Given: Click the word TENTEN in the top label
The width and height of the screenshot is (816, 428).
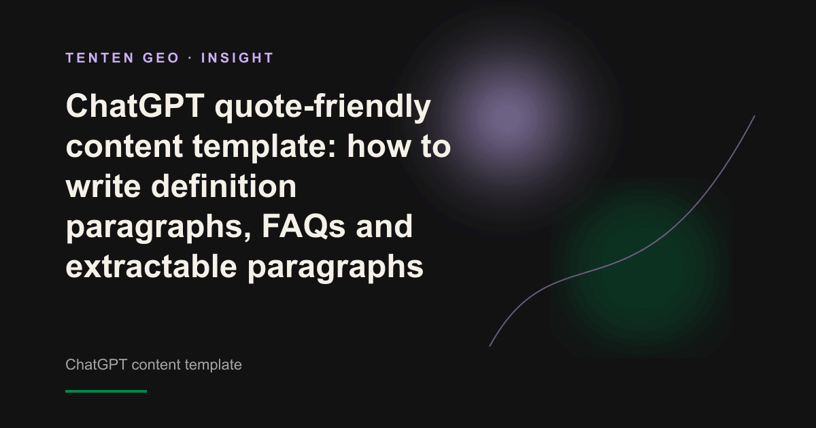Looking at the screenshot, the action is [100, 58].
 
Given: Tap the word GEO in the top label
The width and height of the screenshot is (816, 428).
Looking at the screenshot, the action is [161, 58].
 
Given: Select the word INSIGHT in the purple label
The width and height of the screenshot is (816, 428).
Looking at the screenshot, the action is [237, 58].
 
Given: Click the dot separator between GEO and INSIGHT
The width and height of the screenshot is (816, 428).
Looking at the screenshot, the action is [190, 58].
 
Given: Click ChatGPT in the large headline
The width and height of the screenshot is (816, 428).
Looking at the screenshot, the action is [135, 106].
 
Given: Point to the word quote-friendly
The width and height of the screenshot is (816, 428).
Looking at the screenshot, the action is [323, 108].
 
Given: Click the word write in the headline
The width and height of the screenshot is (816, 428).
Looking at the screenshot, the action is [103, 186].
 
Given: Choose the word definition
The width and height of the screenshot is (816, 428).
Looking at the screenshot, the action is [224, 186].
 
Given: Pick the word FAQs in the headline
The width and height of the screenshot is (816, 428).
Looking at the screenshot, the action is [303, 226].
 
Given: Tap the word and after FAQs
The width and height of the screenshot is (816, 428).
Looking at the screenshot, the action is [384, 226].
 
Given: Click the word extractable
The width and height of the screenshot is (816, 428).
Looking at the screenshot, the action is [151, 266].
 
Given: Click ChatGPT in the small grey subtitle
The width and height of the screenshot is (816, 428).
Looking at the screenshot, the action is [96, 365].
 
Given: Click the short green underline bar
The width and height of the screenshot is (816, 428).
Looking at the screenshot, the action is [106, 391].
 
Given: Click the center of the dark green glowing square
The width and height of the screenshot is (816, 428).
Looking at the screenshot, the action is [642, 268].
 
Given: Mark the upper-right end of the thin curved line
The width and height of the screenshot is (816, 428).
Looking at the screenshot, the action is [754, 116].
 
